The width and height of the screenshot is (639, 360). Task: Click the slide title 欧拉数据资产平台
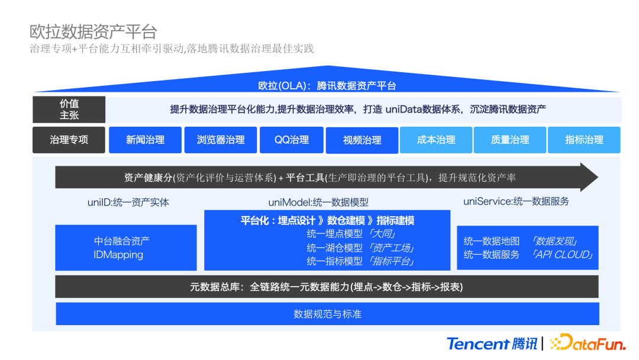click(x=93, y=31)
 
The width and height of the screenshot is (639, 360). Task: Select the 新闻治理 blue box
click(x=145, y=140)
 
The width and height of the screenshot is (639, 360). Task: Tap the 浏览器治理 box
click(x=220, y=140)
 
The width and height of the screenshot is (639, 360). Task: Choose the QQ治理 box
click(x=291, y=140)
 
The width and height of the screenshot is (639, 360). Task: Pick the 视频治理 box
click(x=362, y=140)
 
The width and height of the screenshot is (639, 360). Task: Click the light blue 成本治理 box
click(x=436, y=140)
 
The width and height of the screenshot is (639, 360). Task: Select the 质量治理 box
click(x=510, y=140)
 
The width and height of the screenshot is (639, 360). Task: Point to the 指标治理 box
click(x=584, y=140)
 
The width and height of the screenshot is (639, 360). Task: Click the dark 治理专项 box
click(x=69, y=140)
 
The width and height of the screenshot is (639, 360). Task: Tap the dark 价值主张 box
click(x=69, y=110)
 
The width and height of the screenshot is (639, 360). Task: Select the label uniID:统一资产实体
click(x=128, y=202)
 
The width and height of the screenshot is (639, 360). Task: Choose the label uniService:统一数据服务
click(x=516, y=201)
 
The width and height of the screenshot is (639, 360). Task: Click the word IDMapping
click(x=118, y=255)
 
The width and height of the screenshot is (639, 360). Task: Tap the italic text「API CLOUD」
click(x=562, y=255)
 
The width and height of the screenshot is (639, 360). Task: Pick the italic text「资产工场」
click(x=391, y=247)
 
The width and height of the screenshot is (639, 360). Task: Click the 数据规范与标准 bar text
click(x=327, y=314)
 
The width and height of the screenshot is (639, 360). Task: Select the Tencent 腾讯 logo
click(x=492, y=343)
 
